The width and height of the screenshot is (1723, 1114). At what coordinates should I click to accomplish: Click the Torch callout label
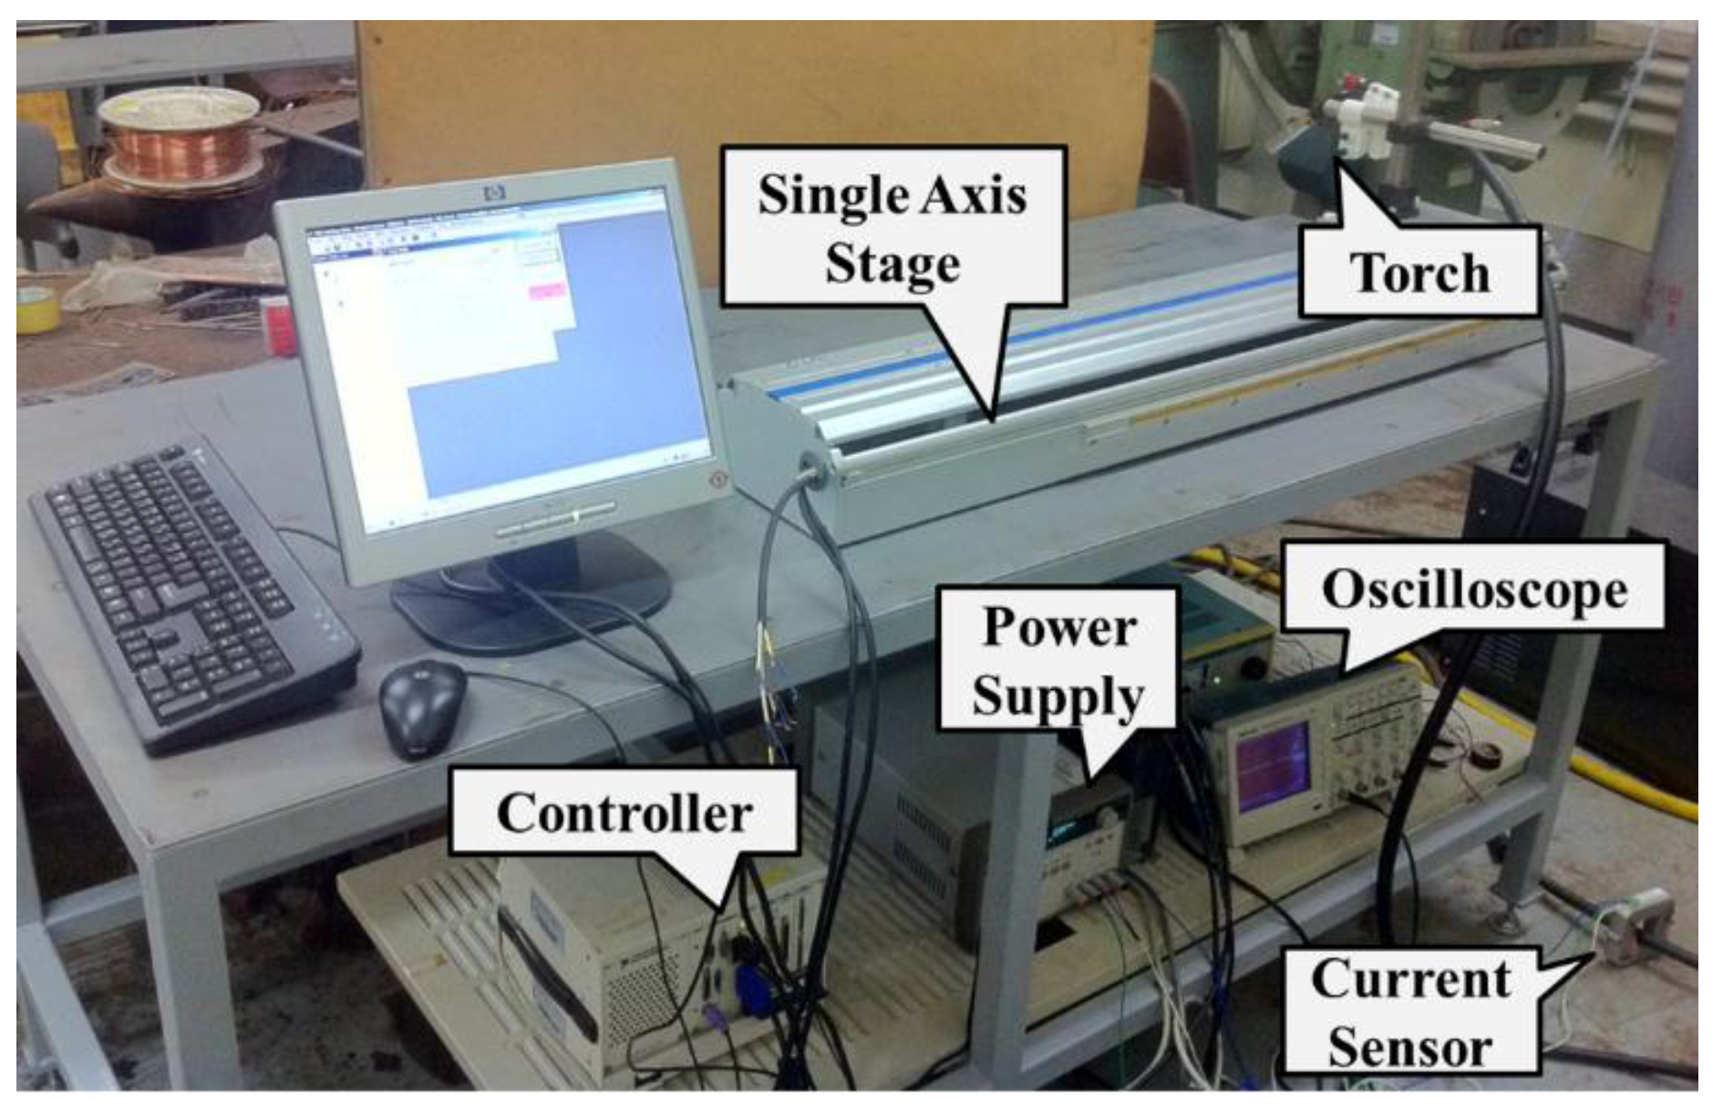click(1419, 273)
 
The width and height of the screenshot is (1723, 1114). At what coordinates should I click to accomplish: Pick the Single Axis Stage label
click(892, 228)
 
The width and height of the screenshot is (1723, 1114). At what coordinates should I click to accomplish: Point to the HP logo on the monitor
click(495, 192)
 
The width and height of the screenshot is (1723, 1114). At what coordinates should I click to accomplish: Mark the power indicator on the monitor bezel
click(718, 477)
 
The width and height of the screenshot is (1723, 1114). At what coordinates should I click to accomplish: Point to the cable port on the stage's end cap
click(806, 469)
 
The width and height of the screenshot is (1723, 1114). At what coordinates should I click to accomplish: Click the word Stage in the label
click(892, 264)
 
